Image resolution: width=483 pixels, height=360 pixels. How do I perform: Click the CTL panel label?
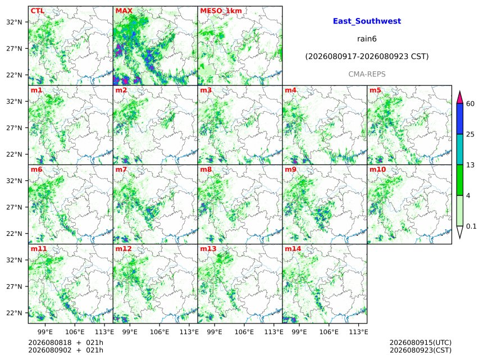[x=37, y=11]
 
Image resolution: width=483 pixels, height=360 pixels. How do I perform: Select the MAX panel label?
[x=124, y=11]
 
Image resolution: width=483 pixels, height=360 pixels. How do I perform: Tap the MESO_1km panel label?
[x=221, y=11]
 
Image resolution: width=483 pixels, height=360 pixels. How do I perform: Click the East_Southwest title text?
[x=367, y=21]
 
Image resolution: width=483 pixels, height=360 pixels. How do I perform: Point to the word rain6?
[x=367, y=39]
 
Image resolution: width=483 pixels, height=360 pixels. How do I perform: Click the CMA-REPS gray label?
[x=367, y=74]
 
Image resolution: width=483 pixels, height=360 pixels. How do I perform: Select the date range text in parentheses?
[x=367, y=56]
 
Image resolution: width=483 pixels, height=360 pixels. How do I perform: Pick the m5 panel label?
[x=375, y=90]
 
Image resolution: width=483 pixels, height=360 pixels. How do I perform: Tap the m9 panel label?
[x=290, y=170]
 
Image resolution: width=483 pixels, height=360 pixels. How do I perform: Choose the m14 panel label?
[x=293, y=249]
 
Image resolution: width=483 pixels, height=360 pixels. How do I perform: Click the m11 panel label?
[x=39, y=249]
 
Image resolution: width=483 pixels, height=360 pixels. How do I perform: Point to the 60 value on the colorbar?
[x=470, y=104]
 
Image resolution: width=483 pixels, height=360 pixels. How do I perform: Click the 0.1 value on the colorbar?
[x=471, y=226]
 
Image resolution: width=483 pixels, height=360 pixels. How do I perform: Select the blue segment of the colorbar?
[x=459, y=119]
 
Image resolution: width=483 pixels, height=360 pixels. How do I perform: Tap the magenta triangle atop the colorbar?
[x=459, y=97]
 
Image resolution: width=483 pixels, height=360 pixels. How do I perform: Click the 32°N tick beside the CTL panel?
[x=14, y=22]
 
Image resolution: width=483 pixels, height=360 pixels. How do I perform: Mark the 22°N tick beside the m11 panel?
[x=14, y=313]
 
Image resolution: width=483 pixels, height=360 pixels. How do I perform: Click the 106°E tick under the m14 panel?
[x=329, y=332]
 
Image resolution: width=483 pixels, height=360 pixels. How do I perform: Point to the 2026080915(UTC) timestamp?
[x=421, y=343]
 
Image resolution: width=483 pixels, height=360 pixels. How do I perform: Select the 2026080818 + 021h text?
[x=66, y=343]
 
